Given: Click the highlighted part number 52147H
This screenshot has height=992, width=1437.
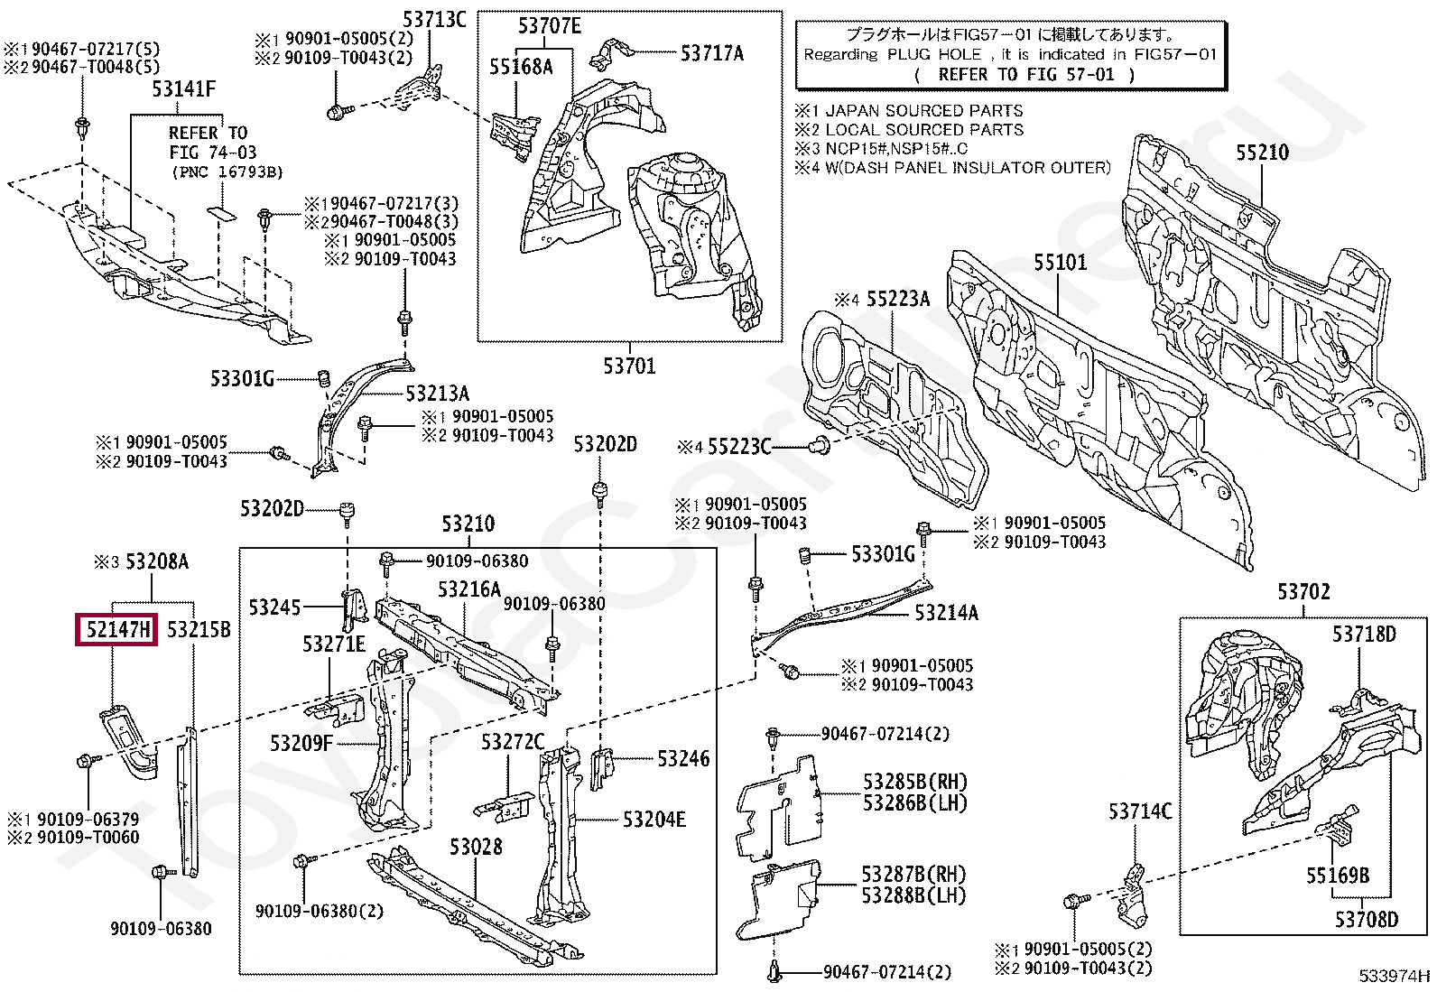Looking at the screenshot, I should click(116, 629).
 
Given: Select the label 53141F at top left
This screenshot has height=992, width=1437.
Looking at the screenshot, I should click(183, 88).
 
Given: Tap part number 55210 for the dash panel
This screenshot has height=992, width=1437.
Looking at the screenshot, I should click(1262, 153).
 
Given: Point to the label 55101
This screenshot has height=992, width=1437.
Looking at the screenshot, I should click(1060, 263).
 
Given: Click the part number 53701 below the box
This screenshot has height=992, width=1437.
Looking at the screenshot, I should click(629, 366).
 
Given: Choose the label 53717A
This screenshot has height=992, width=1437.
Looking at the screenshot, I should click(711, 54).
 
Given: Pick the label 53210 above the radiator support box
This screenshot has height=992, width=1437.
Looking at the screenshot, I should click(468, 524).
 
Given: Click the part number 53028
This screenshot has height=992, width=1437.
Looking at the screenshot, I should click(476, 847).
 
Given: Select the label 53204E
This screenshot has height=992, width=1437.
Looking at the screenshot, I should click(654, 820).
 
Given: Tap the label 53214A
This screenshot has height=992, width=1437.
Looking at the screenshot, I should click(946, 614).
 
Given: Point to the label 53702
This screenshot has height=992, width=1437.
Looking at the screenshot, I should click(1303, 592).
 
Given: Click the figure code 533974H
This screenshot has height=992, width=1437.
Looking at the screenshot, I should click(1395, 975).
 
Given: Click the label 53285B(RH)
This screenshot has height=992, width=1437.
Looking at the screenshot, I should click(913, 782).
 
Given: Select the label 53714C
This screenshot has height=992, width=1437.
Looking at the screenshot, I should click(1139, 811).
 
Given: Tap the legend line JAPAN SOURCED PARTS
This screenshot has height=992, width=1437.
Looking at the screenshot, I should click(923, 111).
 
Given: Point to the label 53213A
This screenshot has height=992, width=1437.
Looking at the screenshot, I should click(437, 394).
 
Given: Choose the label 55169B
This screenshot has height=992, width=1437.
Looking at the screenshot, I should click(1337, 876).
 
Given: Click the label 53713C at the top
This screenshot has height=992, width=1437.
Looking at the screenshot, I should click(433, 20).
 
